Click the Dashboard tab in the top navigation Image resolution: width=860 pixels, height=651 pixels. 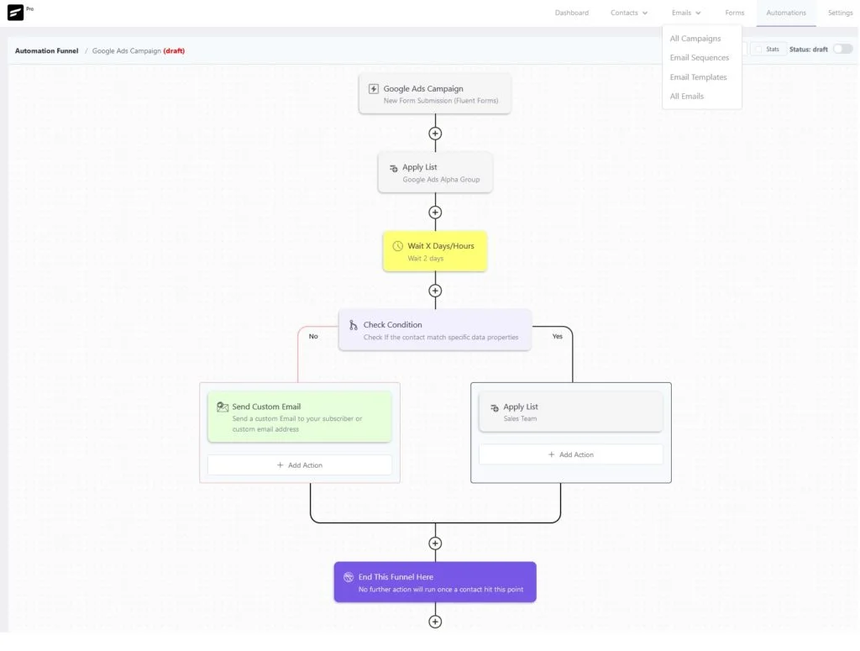[x=571, y=13]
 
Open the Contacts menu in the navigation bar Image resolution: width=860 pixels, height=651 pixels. [x=628, y=13]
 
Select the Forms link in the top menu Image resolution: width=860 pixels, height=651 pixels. [x=734, y=13]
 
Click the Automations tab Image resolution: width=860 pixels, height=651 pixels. [x=786, y=13]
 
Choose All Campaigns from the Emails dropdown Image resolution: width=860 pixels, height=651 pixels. [x=695, y=39]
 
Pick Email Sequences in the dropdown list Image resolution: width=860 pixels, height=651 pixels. [x=700, y=58]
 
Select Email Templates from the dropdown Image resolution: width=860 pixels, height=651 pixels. [x=698, y=77]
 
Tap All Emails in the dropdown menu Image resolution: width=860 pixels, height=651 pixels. [x=687, y=97]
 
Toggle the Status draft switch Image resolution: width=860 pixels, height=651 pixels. [x=842, y=49]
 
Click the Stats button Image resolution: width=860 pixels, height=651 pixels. [x=768, y=50]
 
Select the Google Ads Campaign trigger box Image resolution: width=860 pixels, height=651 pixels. [x=435, y=94]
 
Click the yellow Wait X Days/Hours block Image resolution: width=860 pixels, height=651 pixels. [x=435, y=251]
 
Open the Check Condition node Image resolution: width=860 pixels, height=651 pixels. [x=435, y=329]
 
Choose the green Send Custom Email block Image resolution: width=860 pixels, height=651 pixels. [x=300, y=417]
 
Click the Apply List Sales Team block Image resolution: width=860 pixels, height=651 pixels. [x=571, y=412]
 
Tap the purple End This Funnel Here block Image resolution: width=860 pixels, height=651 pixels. [x=435, y=582]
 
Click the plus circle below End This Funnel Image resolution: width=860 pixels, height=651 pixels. [x=435, y=622]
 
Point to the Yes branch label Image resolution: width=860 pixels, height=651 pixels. [x=558, y=336]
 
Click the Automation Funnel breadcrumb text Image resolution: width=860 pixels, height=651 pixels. [x=47, y=51]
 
